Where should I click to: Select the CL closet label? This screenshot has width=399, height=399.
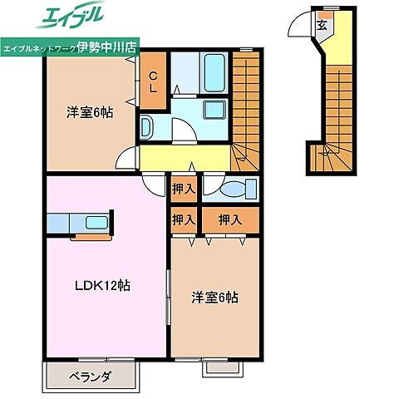152,81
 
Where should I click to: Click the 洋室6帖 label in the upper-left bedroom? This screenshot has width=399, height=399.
86,114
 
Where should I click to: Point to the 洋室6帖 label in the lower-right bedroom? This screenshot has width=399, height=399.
215,296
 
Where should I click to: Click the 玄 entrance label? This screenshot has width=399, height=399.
322,24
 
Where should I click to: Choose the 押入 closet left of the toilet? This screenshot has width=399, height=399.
184,190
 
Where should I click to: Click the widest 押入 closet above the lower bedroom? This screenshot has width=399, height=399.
229,220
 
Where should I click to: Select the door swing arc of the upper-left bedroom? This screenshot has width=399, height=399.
126,160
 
